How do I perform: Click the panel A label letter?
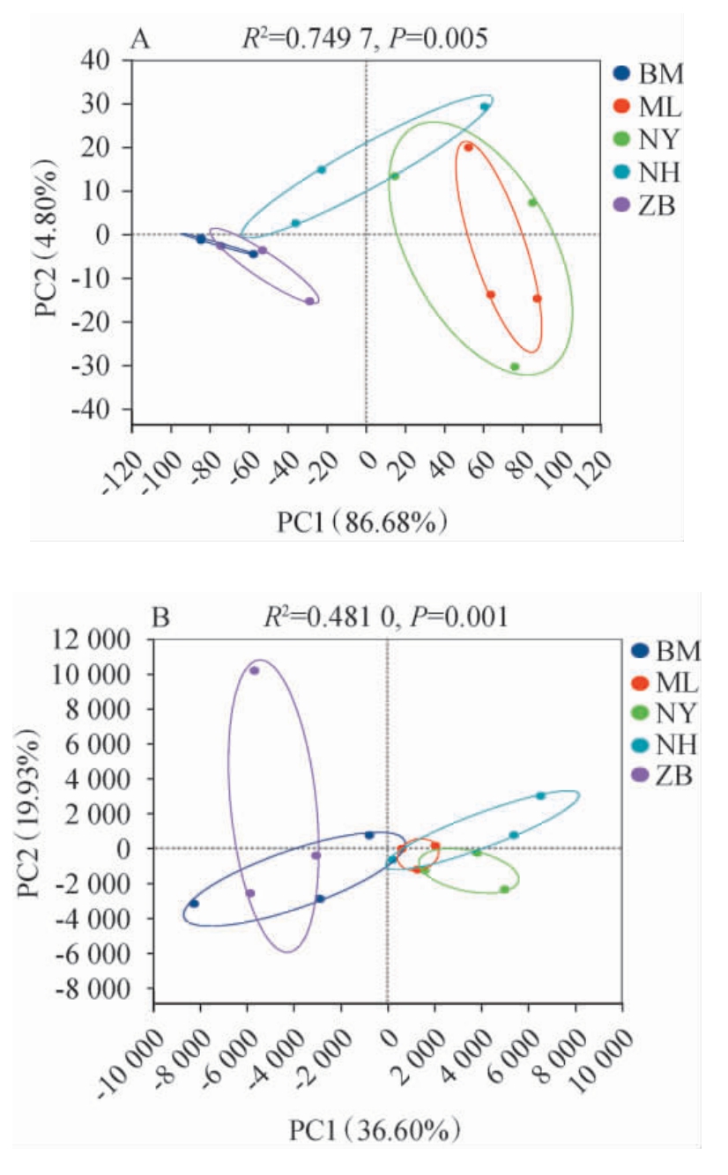137,39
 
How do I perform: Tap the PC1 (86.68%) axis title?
361,522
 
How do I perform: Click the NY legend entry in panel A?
650,139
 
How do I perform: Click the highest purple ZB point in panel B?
254,670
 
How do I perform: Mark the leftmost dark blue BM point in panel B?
194,904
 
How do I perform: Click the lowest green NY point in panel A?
515,366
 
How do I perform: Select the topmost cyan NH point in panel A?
485,107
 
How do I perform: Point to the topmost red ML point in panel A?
469,148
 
